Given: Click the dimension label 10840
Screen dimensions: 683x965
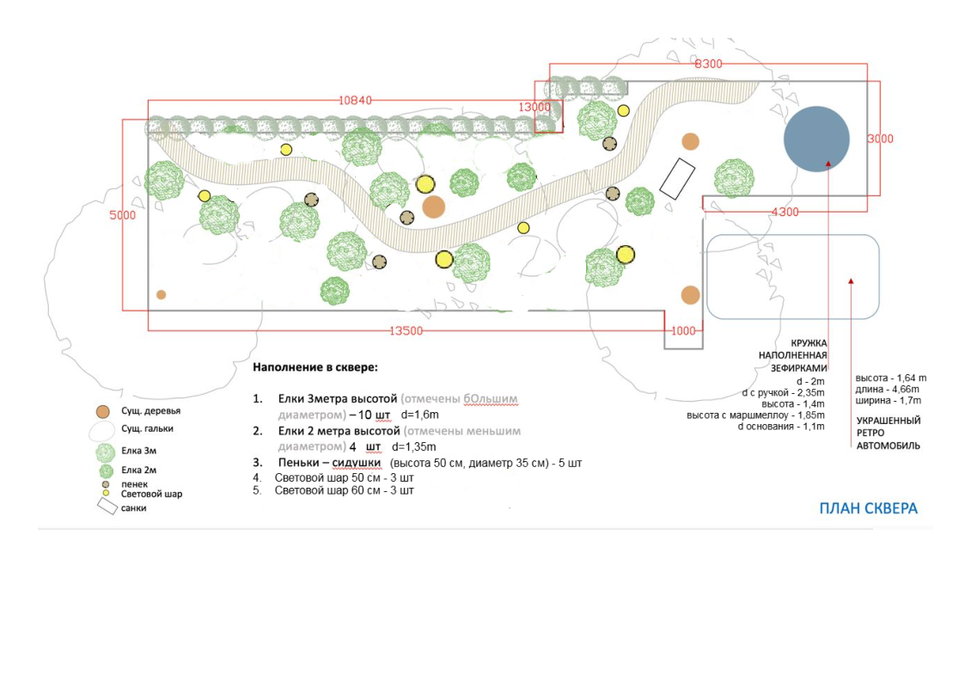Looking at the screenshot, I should pos(355,101).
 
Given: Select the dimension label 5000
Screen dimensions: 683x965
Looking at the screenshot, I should pos(122,215).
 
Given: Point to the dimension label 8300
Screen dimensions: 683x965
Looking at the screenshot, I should pos(708,64).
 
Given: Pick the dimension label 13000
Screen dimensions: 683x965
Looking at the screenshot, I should pos(534,107).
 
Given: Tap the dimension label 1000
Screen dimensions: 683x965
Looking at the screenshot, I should pos(683,331).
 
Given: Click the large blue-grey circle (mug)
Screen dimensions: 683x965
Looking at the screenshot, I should pos(816,139).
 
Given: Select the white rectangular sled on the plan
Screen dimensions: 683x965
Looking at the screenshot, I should pos(677,180).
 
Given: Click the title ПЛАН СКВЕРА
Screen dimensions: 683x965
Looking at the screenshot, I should pos(868,508).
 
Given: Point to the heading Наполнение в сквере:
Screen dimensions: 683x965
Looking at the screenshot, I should pos(315,367).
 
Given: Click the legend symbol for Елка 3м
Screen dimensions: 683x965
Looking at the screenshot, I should pos(105,452).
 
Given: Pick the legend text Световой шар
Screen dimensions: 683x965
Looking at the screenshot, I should pos(151,495).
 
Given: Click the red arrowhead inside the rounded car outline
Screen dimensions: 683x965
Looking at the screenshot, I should pos(851,280).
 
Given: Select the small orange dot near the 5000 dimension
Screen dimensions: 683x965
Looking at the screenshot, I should pos(161,294).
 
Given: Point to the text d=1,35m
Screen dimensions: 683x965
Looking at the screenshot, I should pos(414,447).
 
